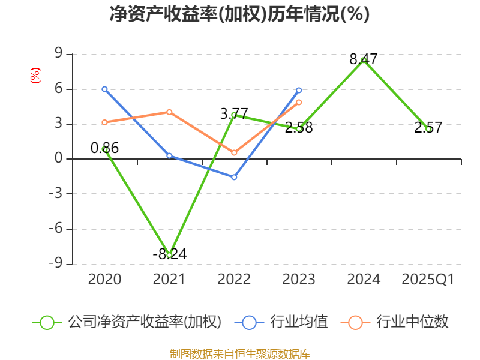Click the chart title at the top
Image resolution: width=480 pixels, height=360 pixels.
[239, 14]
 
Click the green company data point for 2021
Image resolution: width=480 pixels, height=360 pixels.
[169, 255]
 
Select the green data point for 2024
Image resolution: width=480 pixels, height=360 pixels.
[364, 59]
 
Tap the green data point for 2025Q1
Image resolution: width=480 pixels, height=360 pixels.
[428, 129]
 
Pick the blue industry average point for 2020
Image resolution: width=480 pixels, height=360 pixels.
[104, 89]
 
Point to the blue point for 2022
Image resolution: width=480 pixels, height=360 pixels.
[234, 178]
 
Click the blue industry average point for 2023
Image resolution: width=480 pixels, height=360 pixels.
[299, 90]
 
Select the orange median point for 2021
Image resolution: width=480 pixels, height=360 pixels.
[169, 112]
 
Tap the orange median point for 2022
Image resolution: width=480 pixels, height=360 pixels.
[234, 153]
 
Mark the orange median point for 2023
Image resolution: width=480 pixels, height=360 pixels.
[299, 102]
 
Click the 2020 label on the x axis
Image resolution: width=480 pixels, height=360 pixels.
[104, 280]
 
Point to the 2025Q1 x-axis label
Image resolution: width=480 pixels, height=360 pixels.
[428, 280]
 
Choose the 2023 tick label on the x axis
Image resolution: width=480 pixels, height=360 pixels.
[299, 280]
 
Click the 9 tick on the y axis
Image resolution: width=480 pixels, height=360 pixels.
[59, 54]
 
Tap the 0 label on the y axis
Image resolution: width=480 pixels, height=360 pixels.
[59, 159]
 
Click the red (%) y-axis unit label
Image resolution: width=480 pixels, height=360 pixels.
[35, 76]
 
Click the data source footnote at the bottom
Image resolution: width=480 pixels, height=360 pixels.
[239, 353]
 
